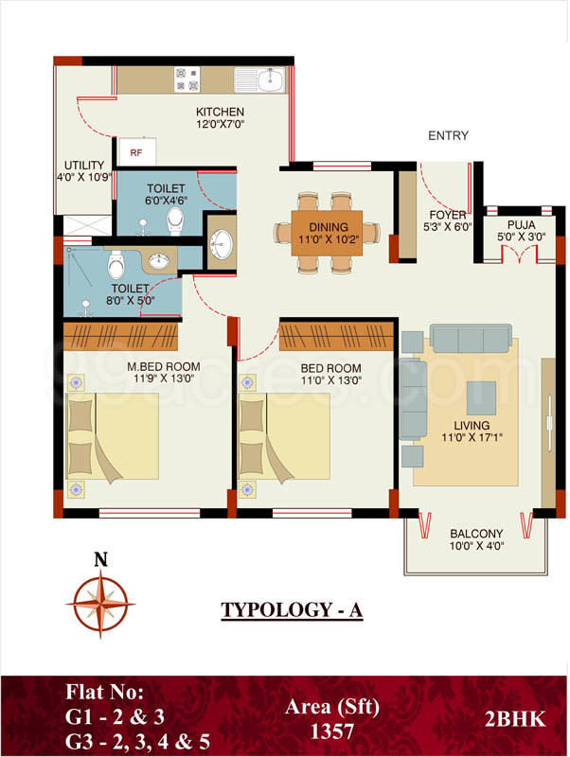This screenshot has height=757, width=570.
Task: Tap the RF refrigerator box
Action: tap(136, 150)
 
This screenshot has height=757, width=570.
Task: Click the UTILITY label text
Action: tap(83, 165)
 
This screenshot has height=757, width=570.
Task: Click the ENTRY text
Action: tap(448, 136)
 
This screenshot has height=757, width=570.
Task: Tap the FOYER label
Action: tap(447, 215)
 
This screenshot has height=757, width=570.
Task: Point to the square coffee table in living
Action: tap(480, 395)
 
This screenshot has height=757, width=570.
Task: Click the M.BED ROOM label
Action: tap(137, 367)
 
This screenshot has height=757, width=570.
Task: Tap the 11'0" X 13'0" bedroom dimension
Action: tap(330, 379)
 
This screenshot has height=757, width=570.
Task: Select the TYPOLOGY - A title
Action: tap(292, 610)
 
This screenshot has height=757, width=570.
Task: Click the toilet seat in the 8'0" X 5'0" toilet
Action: tap(116, 258)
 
